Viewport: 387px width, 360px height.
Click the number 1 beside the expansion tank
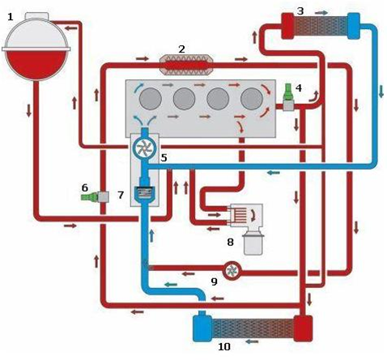[11, 17]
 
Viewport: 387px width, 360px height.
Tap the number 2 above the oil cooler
[181, 49]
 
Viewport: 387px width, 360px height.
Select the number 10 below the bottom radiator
[224, 346]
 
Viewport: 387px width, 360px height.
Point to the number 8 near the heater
[230, 242]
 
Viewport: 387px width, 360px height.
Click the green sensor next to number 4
[288, 91]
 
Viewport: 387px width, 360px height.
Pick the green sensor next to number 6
[89, 197]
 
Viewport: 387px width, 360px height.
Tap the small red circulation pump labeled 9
[232, 271]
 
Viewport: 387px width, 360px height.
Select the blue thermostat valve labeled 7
[145, 193]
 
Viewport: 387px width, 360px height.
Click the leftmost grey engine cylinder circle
[151, 99]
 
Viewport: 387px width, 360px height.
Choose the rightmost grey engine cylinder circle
[252, 99]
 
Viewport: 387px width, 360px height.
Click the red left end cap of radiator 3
[287, 26]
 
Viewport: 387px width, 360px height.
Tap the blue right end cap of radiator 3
[354, 26]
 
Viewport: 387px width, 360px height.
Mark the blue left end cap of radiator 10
[202, 328]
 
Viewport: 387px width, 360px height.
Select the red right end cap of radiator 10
[303, 328]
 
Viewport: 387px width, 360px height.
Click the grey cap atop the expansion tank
[37, 16]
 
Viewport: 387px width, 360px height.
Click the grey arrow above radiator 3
[321, 13]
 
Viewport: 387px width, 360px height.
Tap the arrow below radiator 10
[252, 341]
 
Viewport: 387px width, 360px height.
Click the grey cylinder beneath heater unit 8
[253, 244]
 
